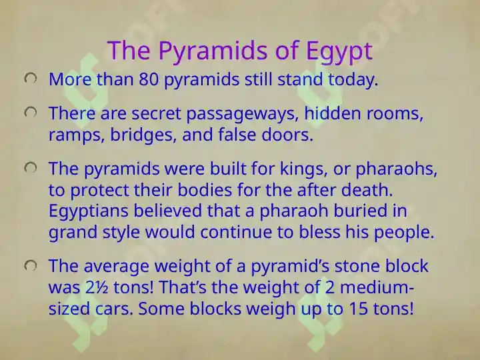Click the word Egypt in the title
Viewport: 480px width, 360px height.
tap(339, 51)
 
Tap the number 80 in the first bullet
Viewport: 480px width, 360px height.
tap(149, 79)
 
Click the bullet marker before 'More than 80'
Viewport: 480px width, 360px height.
tap(31, 79)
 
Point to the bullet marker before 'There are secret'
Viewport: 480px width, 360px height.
tap(31, 113)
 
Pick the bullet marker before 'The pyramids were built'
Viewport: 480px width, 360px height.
tap(31, 168)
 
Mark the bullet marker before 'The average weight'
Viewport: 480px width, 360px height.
tap(31, 266)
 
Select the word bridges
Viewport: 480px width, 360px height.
tap(143, 135)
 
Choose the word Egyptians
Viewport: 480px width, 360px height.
tap(89, 212)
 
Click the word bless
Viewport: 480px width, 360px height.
tap(319, 232)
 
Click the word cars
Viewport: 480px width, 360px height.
tap(114, 309)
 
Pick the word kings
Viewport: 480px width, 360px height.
tap(303, 169)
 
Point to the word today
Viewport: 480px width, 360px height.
tap(353, 80)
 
